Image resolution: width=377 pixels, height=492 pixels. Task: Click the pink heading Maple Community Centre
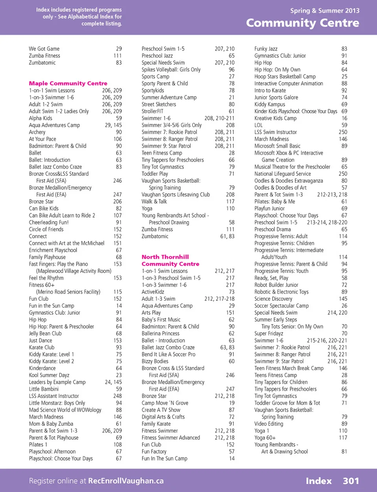pyautogui.click(x=68, y=84)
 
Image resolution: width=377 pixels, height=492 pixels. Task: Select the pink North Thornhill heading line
pyautogui.click(x=165, y=257)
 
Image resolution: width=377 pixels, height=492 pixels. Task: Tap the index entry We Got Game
pyautogui.click(x=44, y=49)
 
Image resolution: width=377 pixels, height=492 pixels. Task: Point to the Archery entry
pyautogui.click(x=37, y=133)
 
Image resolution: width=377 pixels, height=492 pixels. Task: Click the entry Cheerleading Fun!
pyautogui.click(x=49, y=223)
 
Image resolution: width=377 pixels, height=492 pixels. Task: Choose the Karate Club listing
pyautogui.click(x=42, y=348)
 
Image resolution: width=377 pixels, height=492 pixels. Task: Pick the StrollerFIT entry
pyautogui.click(x=152, y=111)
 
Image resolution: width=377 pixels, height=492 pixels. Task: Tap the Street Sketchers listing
pyautogui.click(x=159, y=105)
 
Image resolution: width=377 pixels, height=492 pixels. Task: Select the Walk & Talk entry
pyautogui.click(x=154, y=202)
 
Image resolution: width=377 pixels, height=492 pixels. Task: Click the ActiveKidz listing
pyautogui.click(x=153, y=292)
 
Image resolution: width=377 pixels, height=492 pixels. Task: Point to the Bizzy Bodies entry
pyautogui.click(x=155, y=361)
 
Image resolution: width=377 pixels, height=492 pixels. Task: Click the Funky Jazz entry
pyautogui.click(x=266, y=49)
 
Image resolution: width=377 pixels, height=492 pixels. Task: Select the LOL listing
pyautogui.click(x=258, y=125)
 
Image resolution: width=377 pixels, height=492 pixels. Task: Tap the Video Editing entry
pyautogui.click(x=269, y=424)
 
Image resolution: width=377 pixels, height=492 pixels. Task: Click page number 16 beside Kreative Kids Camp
pyautogui.click(x=344, y=118)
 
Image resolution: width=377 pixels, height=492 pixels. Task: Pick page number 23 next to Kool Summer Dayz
pyautogui.click(x=119, y=375)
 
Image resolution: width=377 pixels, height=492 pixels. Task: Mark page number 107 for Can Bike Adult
pyautogui.click(x=117, y=216)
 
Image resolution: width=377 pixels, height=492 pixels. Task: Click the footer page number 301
pyautogui.click(x=351, y=481)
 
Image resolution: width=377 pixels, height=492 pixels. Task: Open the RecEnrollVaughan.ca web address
pyautogui.click(x=126, y=481)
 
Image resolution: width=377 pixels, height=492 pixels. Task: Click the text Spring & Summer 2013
pyautogui.click(x=324, y=11)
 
